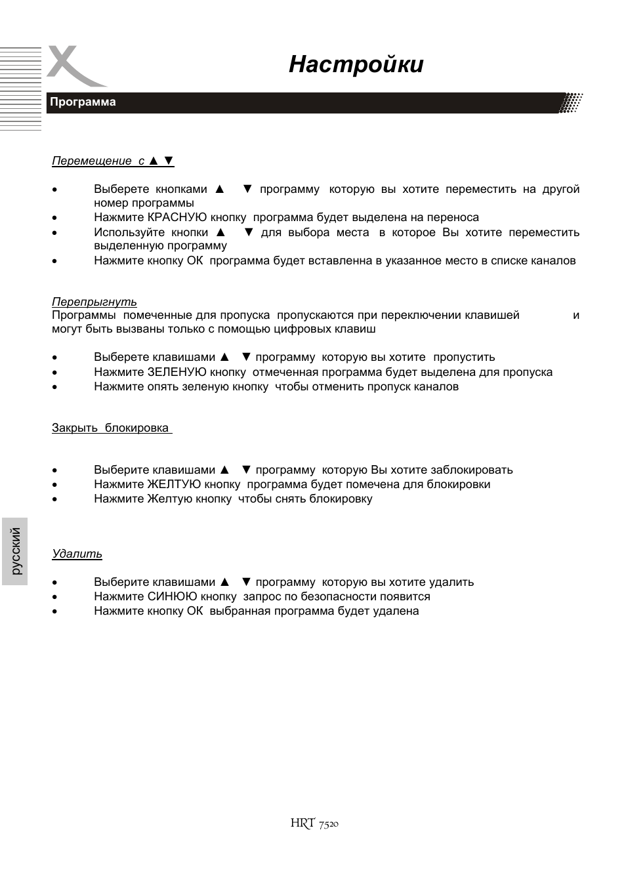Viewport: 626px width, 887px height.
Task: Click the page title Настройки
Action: point(356,65)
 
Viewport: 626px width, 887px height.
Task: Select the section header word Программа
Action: point(83,102)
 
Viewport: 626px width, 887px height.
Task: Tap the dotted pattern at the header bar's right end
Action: point(571,103)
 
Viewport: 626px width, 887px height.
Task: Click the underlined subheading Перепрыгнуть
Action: point(94,302)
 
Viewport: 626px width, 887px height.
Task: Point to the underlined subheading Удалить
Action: point(77,554)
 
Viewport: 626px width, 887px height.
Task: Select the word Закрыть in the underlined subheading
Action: point(75,428)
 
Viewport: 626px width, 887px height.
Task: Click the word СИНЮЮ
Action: point(173,597)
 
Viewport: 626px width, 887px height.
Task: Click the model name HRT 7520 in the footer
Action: point(314,823)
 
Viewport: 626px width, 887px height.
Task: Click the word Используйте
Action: point(129,233)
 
